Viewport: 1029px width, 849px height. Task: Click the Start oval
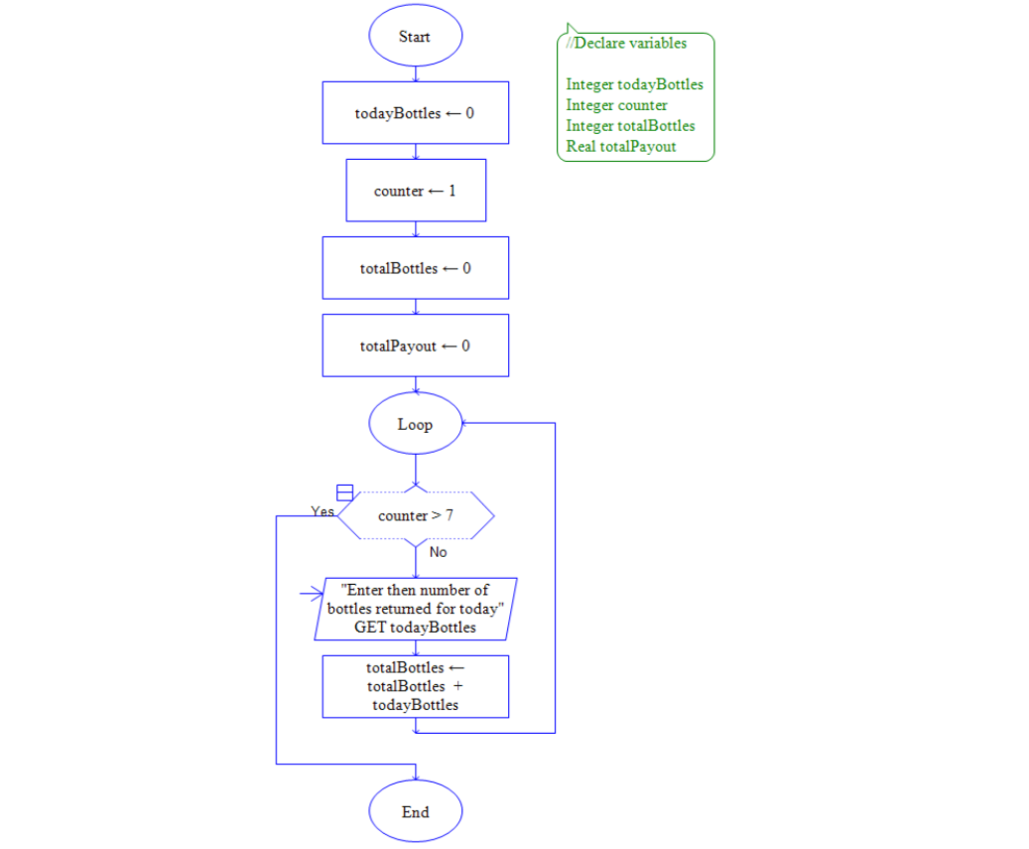tap(415, 37)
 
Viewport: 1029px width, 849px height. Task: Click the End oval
tap(415, 811)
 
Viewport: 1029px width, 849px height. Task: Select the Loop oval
tap(415, 424)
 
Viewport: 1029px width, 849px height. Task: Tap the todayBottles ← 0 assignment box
tap(415, 113)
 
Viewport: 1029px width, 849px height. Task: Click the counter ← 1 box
tap(415, 191)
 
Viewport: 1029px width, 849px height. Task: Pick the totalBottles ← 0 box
tap(415, 268)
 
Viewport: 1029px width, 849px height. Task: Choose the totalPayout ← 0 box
tap(415, 346)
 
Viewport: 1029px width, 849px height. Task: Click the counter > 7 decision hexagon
tap(416, 515)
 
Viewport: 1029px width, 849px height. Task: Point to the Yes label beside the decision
tap(322, 511)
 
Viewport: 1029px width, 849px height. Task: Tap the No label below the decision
tap(438, 552)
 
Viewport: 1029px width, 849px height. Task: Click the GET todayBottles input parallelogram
tap(416, 609)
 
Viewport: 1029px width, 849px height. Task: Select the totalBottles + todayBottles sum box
tap(415, 686)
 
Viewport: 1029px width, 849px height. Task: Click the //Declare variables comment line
tap(626, 43)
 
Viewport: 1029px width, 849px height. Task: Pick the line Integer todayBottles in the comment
tap(634, 84)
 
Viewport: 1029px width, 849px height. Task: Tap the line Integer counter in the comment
tap(616, 105)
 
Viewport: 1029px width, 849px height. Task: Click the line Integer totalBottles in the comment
tap(630, 126)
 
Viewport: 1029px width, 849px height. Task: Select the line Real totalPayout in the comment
tap(621, 146)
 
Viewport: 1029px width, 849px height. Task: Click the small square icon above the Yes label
tap(345, 493)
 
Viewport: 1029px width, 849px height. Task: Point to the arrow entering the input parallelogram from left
tap(313, 594)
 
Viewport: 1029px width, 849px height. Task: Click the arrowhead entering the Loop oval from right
tap(466, 423)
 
